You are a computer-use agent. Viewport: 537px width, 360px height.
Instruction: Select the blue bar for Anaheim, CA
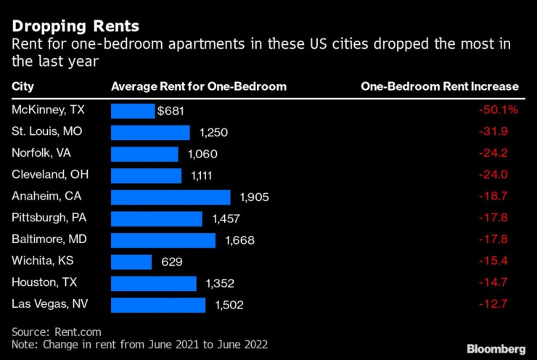point(170,197)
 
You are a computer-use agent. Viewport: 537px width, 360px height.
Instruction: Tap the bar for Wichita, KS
point(131,261)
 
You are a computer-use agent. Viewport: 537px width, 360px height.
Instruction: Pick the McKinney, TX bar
point(132,111)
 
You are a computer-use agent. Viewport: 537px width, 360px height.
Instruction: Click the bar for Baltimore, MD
point(163,240)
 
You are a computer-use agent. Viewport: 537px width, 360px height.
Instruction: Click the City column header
point(23,86)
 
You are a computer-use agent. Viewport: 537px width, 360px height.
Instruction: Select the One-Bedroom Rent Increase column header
point(440,86)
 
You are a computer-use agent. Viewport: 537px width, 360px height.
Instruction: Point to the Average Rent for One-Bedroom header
point(198,86)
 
